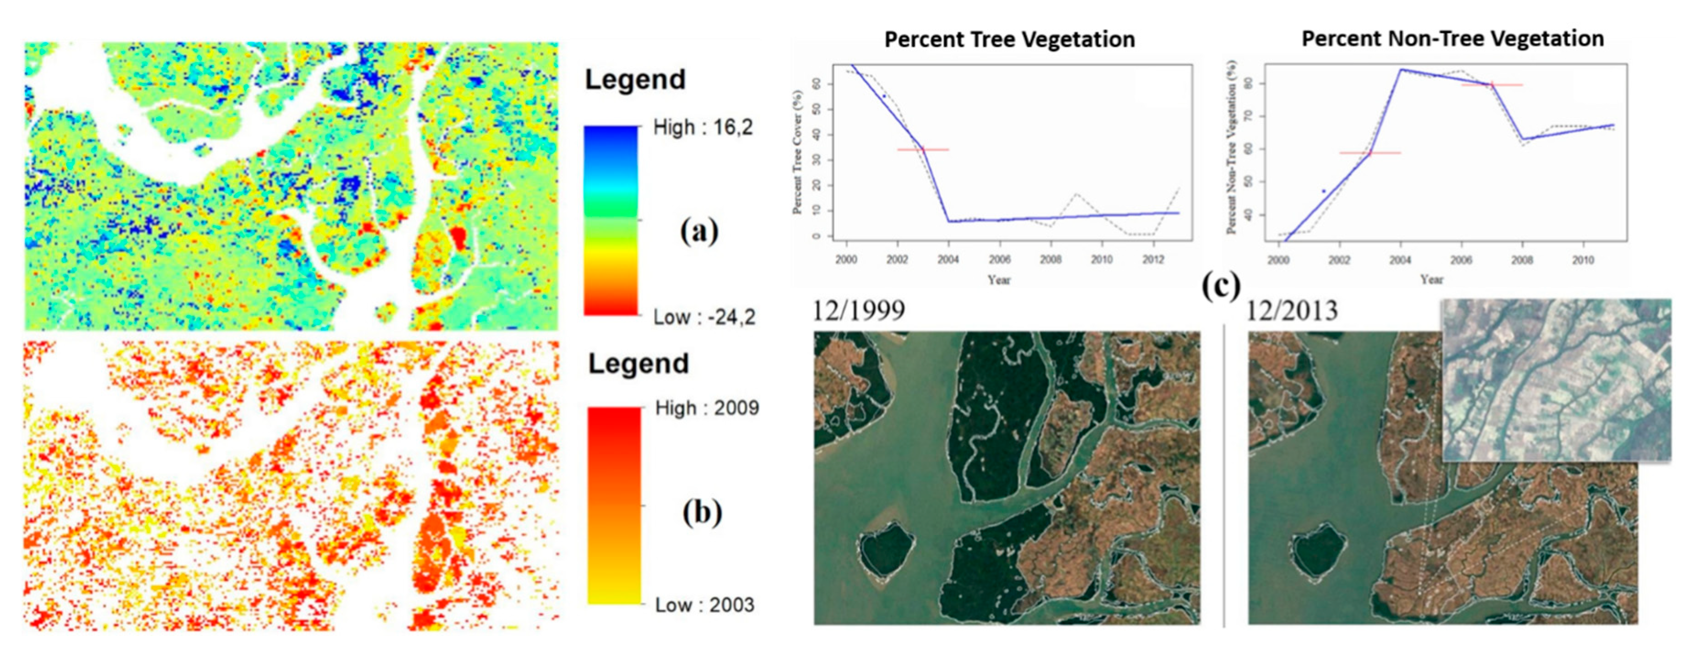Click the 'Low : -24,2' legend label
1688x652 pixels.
704,317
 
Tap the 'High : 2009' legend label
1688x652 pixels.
706,408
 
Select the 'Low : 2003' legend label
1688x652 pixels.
704,605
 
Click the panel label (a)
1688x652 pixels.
698,231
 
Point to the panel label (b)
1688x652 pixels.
702,512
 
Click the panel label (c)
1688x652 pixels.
1221,285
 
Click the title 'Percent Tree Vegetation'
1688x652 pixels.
1009,39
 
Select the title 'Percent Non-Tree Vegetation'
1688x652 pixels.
1452,38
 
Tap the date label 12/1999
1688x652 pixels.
858,310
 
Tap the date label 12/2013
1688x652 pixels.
1291,310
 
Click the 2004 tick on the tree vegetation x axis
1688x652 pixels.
947,260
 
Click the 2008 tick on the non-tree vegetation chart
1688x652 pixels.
1521,260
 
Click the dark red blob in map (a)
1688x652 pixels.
458,237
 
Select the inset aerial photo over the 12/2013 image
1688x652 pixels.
1556,380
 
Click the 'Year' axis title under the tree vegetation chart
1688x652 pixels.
999,280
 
